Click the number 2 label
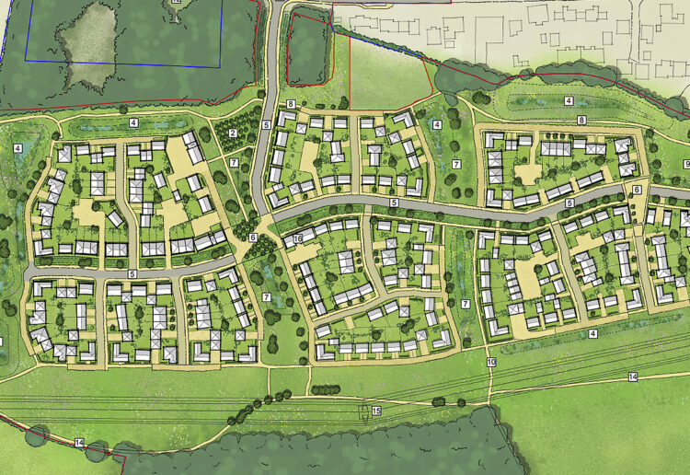[233, 134]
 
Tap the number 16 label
[298, 239]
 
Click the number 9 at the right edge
[686, 164]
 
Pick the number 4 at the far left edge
[17, 148]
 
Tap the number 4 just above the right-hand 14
[593, 333]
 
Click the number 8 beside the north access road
[290, 104]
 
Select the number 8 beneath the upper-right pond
[581, 121]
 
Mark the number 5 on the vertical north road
[266, 124]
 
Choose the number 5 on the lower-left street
[132, 274]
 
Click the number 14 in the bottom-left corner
[79, 444]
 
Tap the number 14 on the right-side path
[633, 377]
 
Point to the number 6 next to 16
[252, 238]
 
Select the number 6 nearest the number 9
[637, 190]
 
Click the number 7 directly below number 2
[235, 163]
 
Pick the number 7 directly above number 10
[466, 304]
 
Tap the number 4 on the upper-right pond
[569, 100]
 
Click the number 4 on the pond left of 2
[133, 122]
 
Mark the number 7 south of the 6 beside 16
[266, 296]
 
